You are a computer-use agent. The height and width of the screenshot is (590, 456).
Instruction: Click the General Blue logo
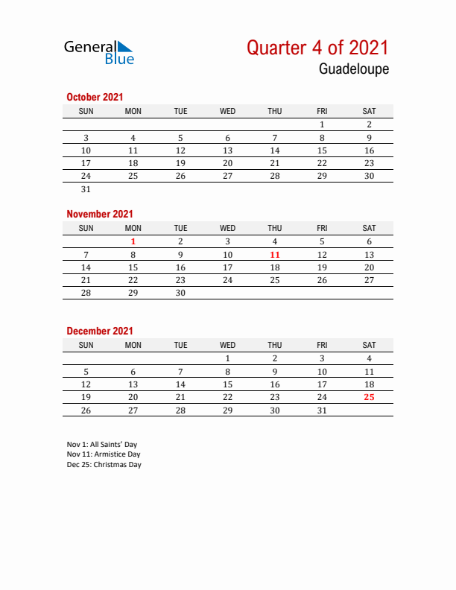pyautogui.click(x=98, y=51)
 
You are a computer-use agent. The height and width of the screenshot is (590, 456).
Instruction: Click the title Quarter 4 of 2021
pyautogui.click(x=317, y=48)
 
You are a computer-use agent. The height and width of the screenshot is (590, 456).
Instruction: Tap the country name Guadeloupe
pyautogui.click(x=354, y=69)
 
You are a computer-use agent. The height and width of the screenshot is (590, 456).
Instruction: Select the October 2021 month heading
pyautogui.click(x=95, y=97)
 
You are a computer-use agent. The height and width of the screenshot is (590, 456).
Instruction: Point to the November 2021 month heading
pyautogui.click(x=99, y=214)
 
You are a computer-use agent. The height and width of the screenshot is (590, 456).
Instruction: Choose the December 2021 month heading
pyautogui.click(x=99, y=331)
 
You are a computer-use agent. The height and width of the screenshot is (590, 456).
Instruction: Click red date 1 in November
pyautogui.click(x=133, y=241)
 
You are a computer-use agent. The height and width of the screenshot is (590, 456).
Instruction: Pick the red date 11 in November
pyautogui.click(x=275, y=255)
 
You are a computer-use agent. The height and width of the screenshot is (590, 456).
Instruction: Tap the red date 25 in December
pyautogui.click(x=369, y=397)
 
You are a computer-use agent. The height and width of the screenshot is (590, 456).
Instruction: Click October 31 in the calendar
pyautogui.click(x=86, y=189)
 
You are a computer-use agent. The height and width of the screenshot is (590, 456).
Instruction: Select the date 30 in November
pyautogui.click(x=180, y=294)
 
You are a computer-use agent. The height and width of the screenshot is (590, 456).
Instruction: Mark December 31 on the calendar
pyautogui.click(x=322, y=410)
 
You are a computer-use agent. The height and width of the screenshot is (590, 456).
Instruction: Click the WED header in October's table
pyautogui.click(x=227, y=111)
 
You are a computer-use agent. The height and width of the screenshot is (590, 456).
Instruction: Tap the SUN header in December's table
pyautogui.click(x=86, y=345)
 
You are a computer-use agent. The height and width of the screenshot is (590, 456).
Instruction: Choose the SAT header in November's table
pyautogui.click(x=369, y=228)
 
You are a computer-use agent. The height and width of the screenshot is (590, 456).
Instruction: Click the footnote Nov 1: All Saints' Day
pyautogui.click(x=101, y=445)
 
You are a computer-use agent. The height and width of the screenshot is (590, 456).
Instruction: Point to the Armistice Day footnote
pyautogui.click(x=103, y=454)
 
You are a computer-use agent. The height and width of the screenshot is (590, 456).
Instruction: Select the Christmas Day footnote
pyautogui.click(x=104, y=465)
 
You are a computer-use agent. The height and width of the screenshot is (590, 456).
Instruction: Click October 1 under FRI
pyautogui.click(x=322, y=124)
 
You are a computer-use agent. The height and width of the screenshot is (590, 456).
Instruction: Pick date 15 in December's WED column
pyautogui.click(x=227, y=384)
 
